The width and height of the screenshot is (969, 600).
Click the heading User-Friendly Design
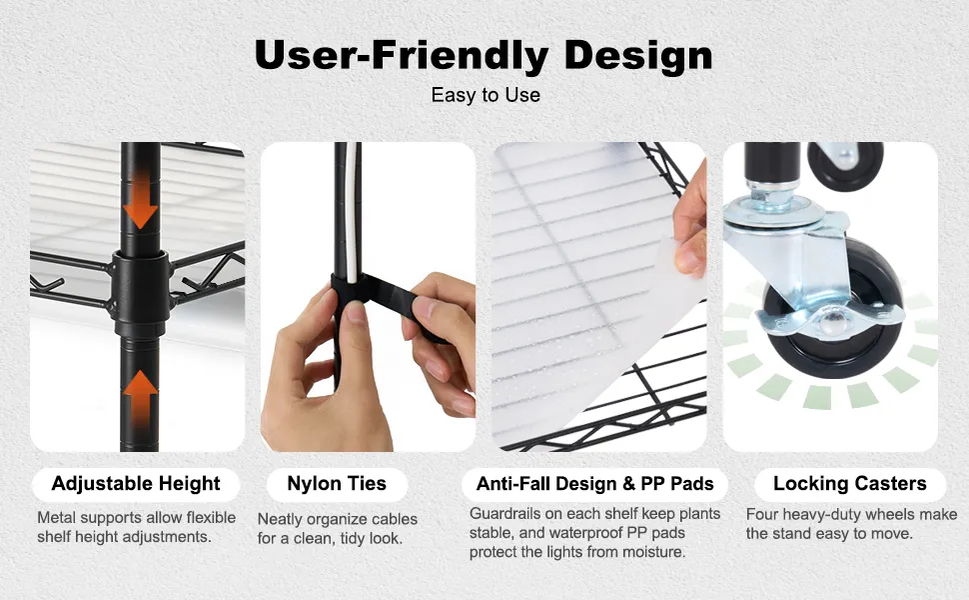click(x=484, y=56)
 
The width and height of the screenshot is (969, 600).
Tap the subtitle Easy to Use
click(x=485, y=95)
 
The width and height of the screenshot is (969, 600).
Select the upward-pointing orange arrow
click(x=140, y=398)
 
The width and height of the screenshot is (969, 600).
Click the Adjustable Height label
click(x=136, y=484)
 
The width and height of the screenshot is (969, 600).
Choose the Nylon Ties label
click(x=337, y=484)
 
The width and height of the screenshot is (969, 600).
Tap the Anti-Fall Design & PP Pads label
click(x=595, y=484)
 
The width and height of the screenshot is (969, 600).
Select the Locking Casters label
click(x=850, y=484)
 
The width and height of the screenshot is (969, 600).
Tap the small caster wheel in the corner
click(x=845, y=165)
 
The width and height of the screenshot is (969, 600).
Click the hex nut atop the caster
click(x=770, y=197)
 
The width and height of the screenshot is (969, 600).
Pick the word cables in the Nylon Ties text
click(x=395, y=520)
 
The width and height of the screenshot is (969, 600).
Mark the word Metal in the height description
click(x=57, y=518)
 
